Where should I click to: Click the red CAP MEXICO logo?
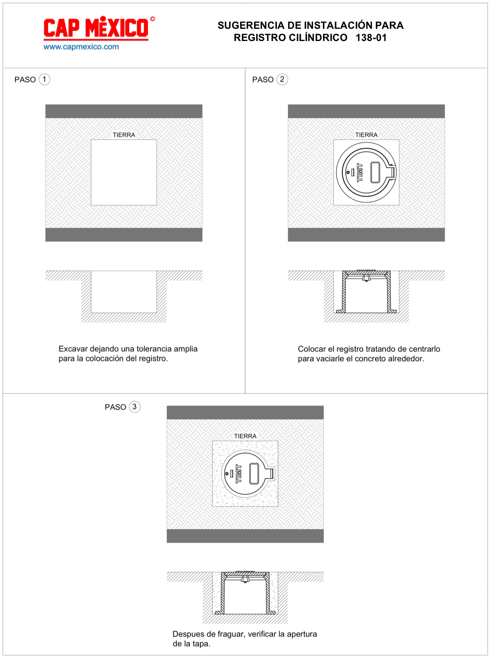(x=99, y=28)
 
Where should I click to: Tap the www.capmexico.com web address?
(x=81, y=47)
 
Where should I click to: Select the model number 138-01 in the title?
(x=371, y=38)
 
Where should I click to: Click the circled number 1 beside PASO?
(x=45, y=79)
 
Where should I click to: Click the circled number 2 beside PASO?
(x=282, y=79)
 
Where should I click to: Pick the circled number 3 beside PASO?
(x=134, y=407)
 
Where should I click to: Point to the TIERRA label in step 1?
(x=124, y=135)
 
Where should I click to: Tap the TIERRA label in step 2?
(x=366, y=135)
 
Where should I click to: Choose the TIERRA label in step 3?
(x=245, y=436)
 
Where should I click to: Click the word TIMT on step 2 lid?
(x=360, y=172)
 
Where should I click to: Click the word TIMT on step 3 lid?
(x=239, y=473)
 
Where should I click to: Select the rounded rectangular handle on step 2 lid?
(x=375, y=172)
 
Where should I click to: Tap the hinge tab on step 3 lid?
(x=271, y=473)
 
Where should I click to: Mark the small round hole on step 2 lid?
(x=348, y=172)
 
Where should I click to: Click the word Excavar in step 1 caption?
(x=73, y=349)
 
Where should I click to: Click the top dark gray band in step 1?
(x=124, y=111)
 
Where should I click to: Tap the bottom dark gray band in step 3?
(x=245, y=536)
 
